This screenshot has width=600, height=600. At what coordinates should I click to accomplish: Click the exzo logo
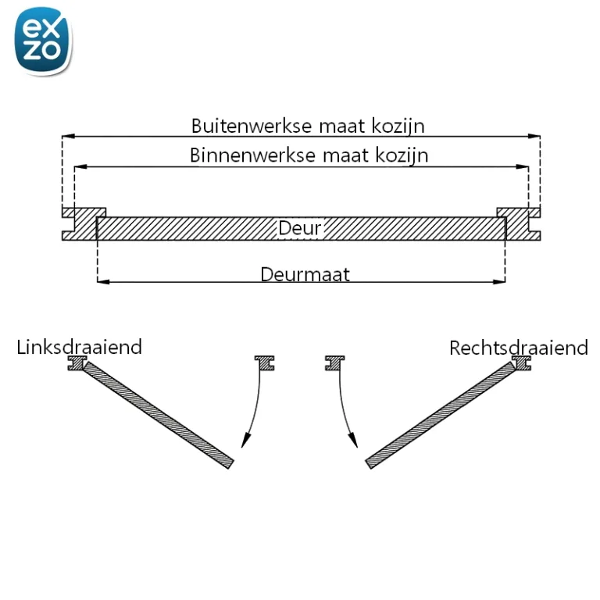pyautogui.click(x=43, y=41)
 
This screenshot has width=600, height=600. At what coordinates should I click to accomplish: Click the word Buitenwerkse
pyautogui.click(x=252, y=126)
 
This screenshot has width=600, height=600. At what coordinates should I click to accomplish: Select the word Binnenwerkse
pyautogui.click(x=252, y=155)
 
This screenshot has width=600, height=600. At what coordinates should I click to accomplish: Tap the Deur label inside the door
pyautogui.click(x=300, y=228)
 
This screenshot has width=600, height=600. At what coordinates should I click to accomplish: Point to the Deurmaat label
pyautogui.click(x=305, y=274)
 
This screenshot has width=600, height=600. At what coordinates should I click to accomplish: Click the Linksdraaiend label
pyautogui.click(x=79, y=347)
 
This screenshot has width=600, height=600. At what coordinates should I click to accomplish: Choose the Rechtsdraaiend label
pyautogui.click(x=519, y=348)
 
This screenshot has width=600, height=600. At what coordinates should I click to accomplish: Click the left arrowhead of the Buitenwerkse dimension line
pyautogui.click(x=68, y=136)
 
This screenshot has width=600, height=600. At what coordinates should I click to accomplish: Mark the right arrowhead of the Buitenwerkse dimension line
pyautogui.click(x=534, y=136)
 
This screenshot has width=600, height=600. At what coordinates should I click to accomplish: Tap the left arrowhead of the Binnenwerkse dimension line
pyautogui.click(x=80, y=167)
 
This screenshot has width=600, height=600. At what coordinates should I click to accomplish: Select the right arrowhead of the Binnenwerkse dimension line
pyautogui.click(x=523, y=167)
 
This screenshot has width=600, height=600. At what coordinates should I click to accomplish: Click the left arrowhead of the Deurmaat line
pyautogui.click(x=104, y=282)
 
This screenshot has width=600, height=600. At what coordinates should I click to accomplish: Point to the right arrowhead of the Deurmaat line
pyautogui.click(x=499, y=282)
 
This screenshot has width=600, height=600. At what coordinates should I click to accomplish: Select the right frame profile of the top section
pyautogui.click(x=520, y=224)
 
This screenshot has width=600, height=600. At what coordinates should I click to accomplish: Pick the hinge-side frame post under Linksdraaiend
pyautogui.click(x=77, y=363)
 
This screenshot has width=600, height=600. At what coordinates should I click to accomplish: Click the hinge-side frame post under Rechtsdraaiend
pyautogui.click(x=522, y=363)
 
